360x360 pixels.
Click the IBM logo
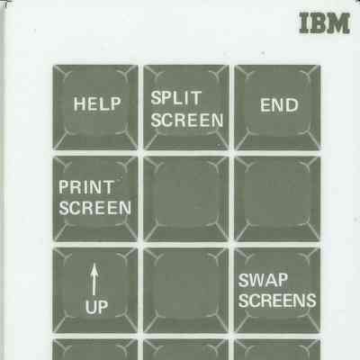click(325, 23)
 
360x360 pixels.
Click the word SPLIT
click(176, 98)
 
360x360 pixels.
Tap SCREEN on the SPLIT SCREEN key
click(187, 120)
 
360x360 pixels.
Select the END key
click(277, 107)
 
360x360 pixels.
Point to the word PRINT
click(86, 187)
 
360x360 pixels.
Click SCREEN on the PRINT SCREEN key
click(94, 208)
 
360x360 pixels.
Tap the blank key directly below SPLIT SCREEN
click(186, 199)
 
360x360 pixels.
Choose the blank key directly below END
click(277, 199)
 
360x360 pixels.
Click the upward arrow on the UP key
click(94, 279)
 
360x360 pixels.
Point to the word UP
click(96, 307)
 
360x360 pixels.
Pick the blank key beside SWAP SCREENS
click(186, 291)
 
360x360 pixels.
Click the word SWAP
click(263, 280)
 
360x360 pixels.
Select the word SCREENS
click(277, 301)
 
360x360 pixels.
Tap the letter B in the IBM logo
click(319, 23)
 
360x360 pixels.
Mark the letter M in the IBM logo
click(339, 23)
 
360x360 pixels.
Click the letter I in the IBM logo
click(304, 23)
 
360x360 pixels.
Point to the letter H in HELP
click(79, 104)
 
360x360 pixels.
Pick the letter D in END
click(292, 105)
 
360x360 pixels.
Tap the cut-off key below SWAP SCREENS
click(277, 349)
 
